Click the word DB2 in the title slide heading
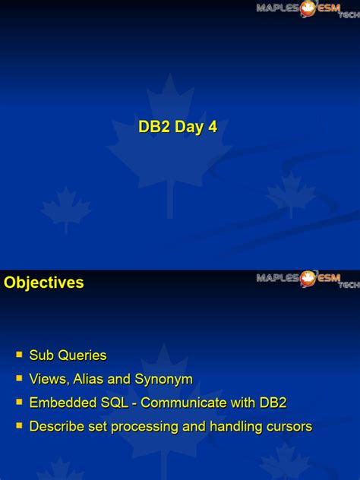pyautogui.click(x=154, y=127)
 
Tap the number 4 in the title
pyautogui.click(x=213, y=127)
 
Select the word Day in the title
pyautogui.click(x=190, y=127)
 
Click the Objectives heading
pyautogui.click(x=43, y=283)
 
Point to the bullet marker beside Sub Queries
pyautogui.click(x=20, y=354)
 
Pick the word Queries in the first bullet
pyautogui.click(x=81, y=355)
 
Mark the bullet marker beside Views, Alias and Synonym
pyautogui.click(x=20, y=377)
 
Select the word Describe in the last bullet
pyautogui.click(x=56, y=427)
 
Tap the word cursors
pyautogui.click(x=289, y=427)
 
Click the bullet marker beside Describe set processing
pyautogui.click(x=20, y=426)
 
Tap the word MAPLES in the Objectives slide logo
pyautogui.click(x=277, y=277)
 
